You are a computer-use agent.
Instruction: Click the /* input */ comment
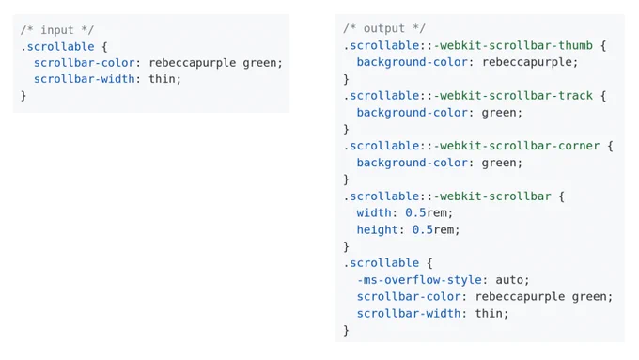tap(57, 30)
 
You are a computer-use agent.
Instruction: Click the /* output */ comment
tap(384, 28)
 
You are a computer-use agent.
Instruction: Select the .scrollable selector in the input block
tap(57, 46)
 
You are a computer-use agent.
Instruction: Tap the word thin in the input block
tap(162, 79)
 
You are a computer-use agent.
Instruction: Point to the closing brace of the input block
tap(23, 95)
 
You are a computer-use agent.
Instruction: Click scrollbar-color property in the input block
tap(85, 63)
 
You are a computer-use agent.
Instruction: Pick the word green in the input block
tap(259, 63)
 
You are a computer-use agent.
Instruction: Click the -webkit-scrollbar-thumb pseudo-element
tap(513, 45)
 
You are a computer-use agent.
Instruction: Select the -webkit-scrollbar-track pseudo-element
tap(513, 95)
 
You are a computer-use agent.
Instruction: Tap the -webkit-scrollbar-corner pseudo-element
tap(517, 146)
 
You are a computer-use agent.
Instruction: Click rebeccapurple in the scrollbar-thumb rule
tap(526, 62)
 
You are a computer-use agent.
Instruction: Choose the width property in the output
tap(374, 212)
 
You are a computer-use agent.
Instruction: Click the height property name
tap(378, 229)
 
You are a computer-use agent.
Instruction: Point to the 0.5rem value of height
tap(432, 230)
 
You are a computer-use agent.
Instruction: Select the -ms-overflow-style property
tap(419, 280)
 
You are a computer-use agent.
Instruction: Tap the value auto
tap(509, 280)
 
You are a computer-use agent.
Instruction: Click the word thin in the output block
tap(489, 314)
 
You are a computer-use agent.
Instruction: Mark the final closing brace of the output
tap(346, 330)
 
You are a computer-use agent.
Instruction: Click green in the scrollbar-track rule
tap(499, 113)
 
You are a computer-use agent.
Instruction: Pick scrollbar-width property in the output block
tap(409, 314)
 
